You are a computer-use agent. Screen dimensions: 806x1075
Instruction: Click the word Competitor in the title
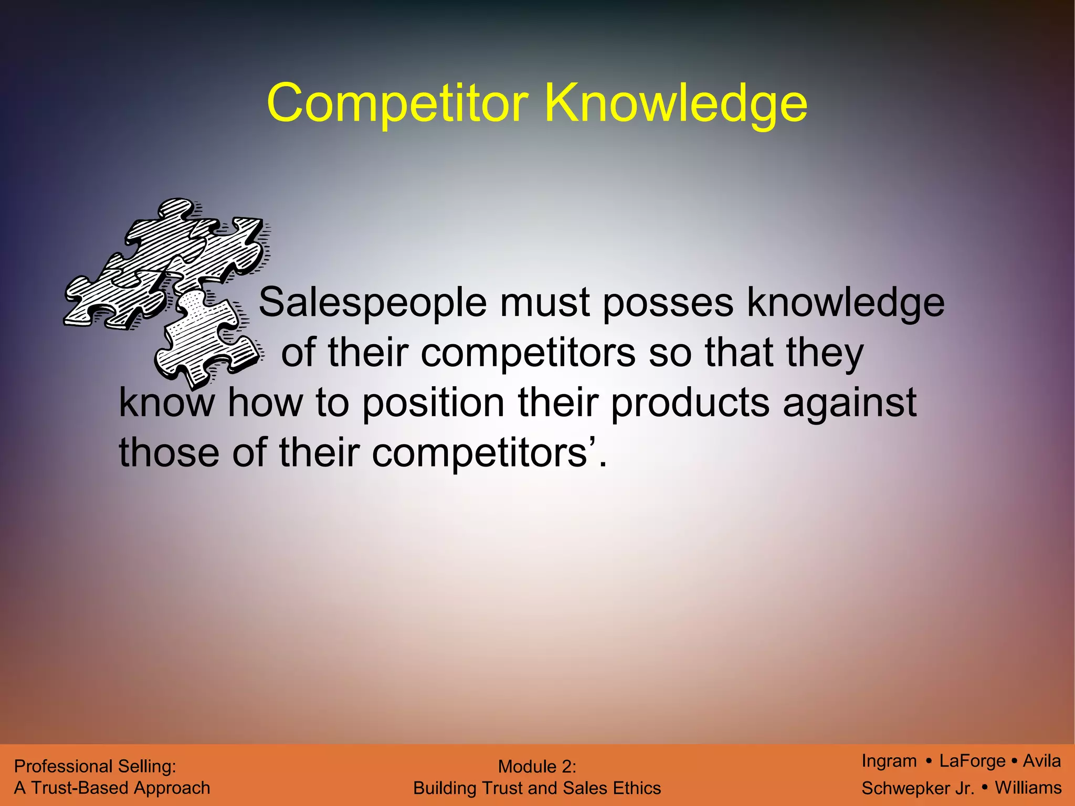click(x=397, y=103)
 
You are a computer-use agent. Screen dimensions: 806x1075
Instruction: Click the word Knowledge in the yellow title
click(x=676, y=103)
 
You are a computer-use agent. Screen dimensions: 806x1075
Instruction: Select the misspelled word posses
click(x=668, y=303)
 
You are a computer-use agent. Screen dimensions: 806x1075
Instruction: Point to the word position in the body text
click(x=433, y=402)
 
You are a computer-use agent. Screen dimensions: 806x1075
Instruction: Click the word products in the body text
click(x=690, y=402)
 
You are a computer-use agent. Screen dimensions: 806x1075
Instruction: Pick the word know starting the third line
click(x=167, y=402)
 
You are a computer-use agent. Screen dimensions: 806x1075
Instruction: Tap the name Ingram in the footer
click(x=889, y=761)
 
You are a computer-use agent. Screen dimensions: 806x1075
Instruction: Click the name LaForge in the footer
click(x=972, y=761)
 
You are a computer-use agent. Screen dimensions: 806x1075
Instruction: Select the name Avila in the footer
click(x=1041, y=761)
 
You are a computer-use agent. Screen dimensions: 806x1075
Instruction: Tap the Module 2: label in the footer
click(x=537, y=767)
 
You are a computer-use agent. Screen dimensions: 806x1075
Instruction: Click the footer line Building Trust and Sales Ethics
click(x=537, y=788)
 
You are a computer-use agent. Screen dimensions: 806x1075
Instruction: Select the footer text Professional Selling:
click(x=95, y=767)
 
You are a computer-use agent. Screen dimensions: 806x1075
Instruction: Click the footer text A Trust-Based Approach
click(x=112, y=788)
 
